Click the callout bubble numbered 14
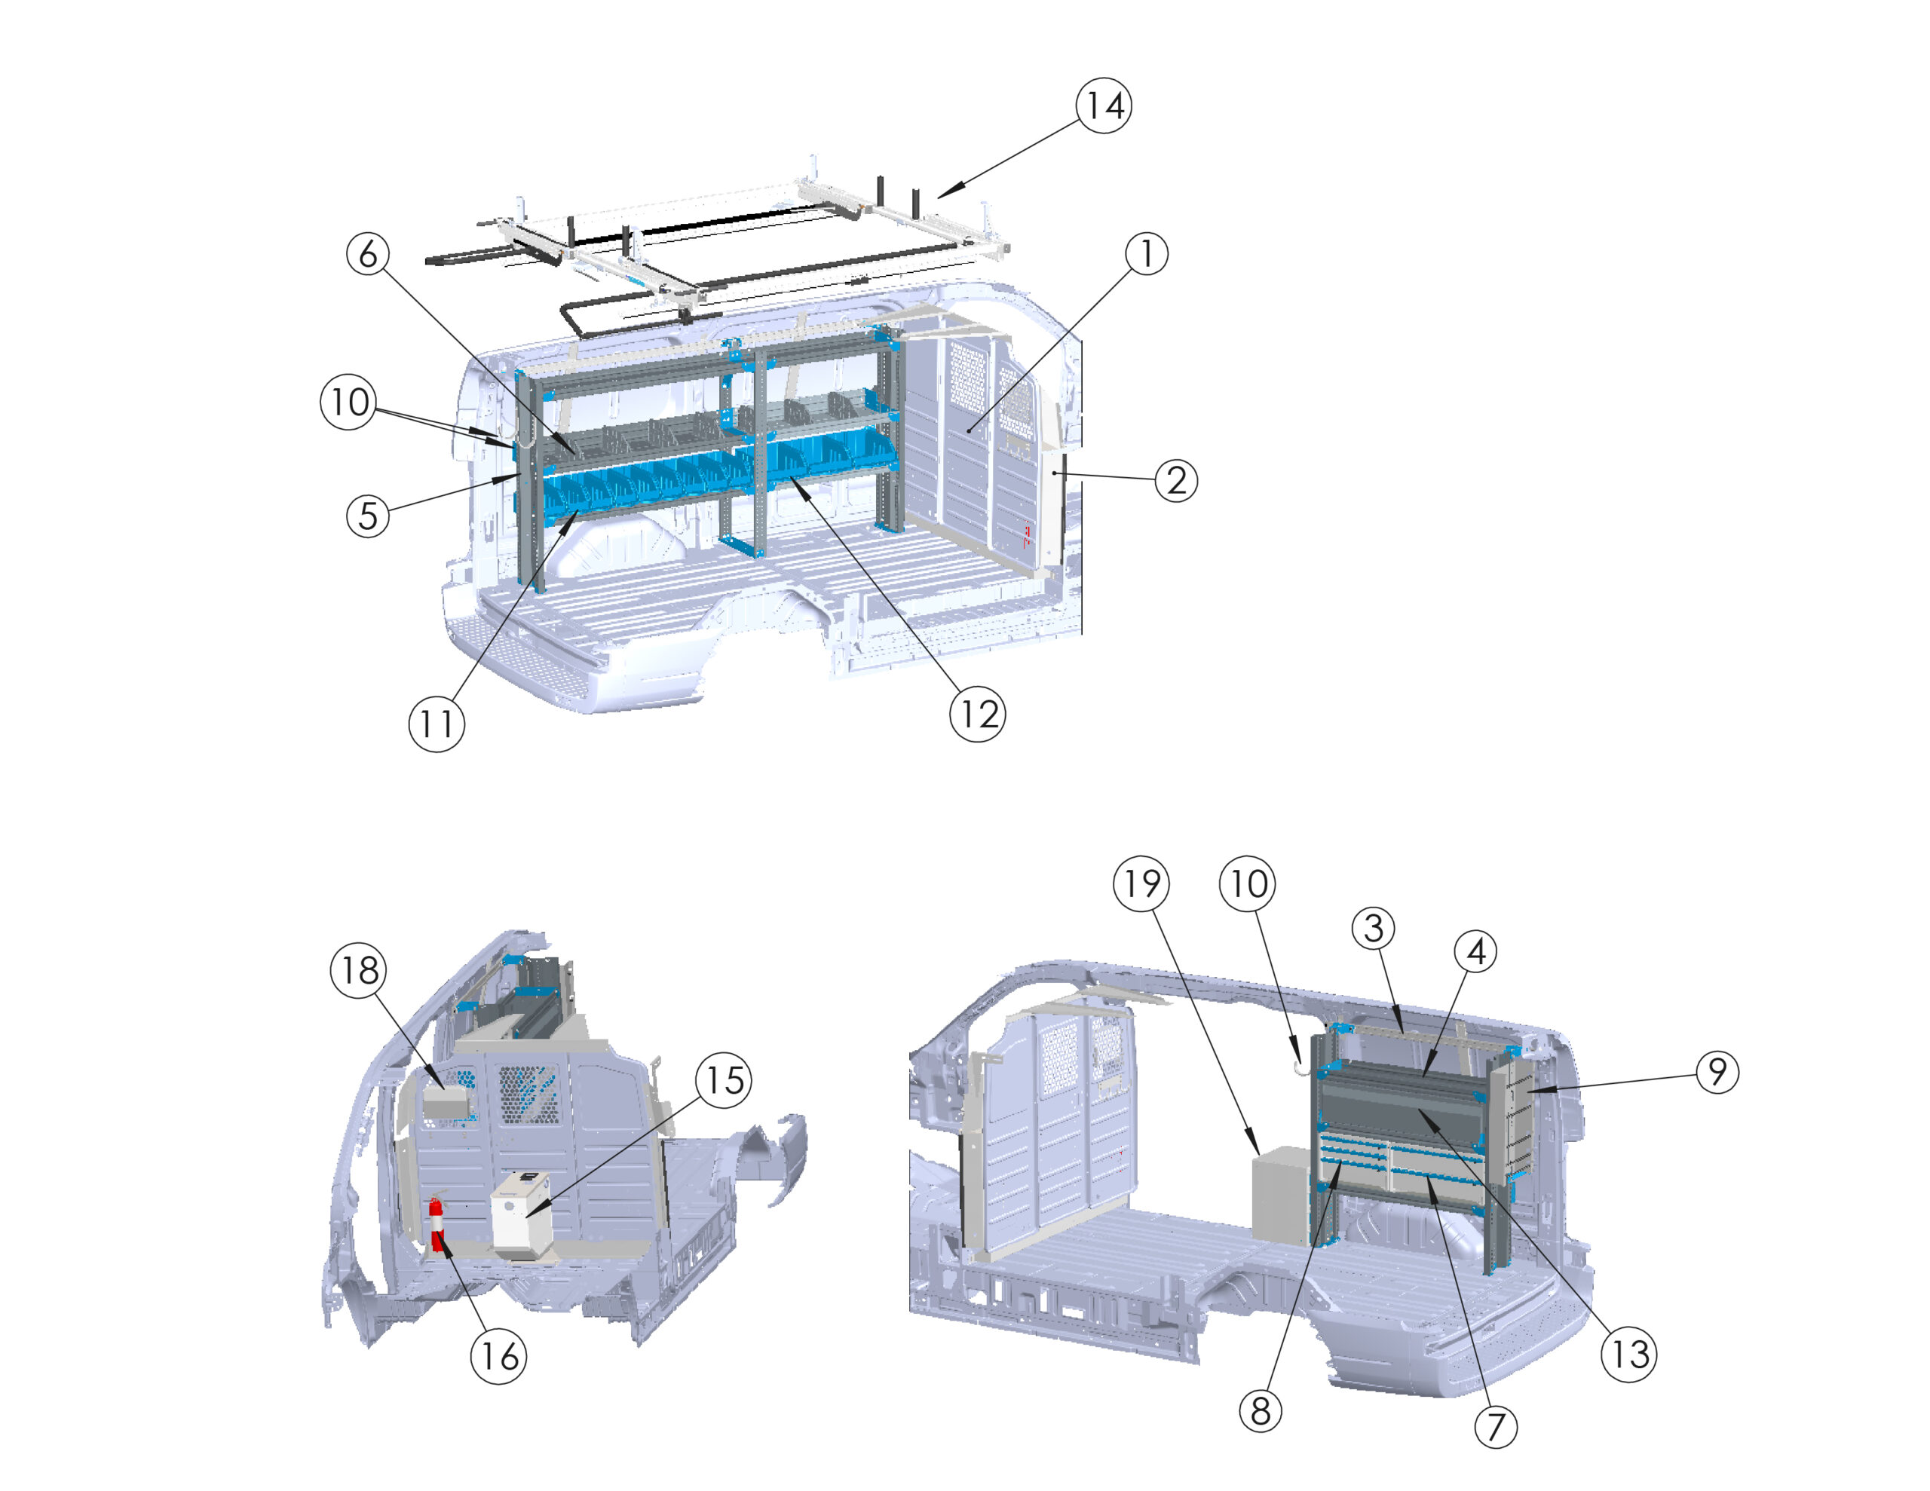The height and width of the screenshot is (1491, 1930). (1104, 106)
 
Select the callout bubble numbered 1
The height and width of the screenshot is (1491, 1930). (1146, 254)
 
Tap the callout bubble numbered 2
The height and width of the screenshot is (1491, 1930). (1176, 481)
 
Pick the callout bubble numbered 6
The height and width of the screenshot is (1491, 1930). (369, 254)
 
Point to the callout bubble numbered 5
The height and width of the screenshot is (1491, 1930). (369, 516)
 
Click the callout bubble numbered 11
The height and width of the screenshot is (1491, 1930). (437, 724)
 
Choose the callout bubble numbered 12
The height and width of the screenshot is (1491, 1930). (977, 713)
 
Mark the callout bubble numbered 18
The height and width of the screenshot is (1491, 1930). (359, 969)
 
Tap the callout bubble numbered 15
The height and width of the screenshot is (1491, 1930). (724, 1079)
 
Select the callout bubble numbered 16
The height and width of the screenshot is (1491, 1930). (498, 1355)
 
